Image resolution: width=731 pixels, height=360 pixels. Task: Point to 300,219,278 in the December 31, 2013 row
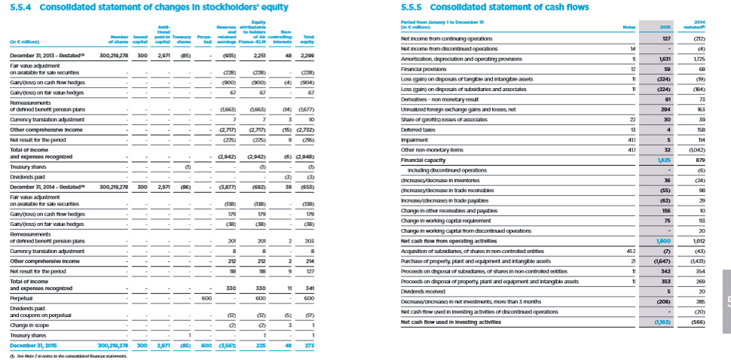tap(115, 56)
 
